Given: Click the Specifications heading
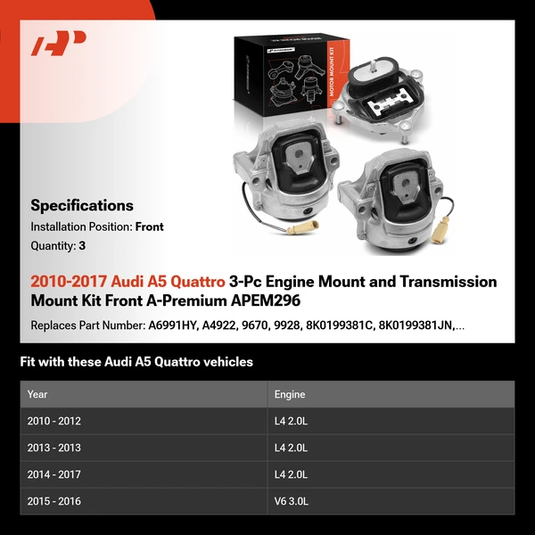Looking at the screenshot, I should pyautogui.click(x=82, y=205).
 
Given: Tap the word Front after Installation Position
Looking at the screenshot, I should pyautogui.click(x=149, y=226).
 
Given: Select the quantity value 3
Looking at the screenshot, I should pyautogui.click(x=83, y=245).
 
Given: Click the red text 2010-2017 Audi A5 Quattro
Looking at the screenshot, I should pyautogui.click(x=128, y=282).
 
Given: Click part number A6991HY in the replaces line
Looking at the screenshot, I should pyautogui.click(x=171, y=325).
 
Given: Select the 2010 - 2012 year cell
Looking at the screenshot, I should pyautogui.click(x=54, y=421).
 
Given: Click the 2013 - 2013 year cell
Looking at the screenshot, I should pyautogui.click(x=54, y=448).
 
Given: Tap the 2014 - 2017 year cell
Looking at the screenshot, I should pyautogui.click(x=54, y=474).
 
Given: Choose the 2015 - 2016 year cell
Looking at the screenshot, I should pyautogui.click(x=54, y=501).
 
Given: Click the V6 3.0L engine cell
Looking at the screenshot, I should pyautogui.click(x=292, y=501).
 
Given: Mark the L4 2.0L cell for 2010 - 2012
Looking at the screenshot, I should pyautogui.click(x=292, y=421).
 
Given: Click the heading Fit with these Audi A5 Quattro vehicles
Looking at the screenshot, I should pyautogui.click(x=136, y=362).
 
